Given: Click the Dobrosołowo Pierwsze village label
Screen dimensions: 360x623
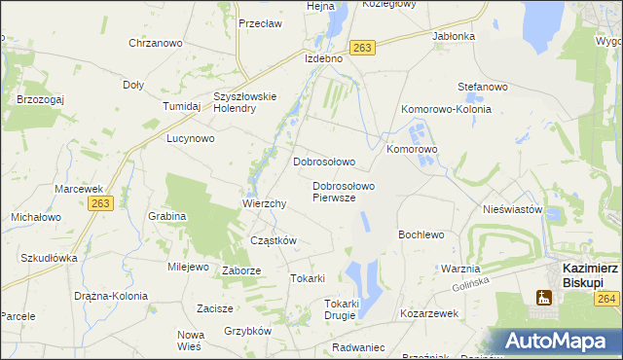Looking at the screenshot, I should coord(344,191).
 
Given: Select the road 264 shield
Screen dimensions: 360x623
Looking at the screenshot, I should coord(607,298).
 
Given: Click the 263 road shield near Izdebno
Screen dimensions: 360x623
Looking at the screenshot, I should coord(363,48).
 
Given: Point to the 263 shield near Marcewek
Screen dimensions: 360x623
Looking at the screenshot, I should coord(99,202).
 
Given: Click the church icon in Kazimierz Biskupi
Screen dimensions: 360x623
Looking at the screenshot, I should coord(544,298).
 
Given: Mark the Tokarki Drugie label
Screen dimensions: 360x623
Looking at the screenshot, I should coord(342,309).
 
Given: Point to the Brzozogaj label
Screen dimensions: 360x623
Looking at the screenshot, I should coord(40,98).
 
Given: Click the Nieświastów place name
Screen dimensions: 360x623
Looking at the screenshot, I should coord(512,209).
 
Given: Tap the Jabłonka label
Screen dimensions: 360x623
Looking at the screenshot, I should coord(453,36).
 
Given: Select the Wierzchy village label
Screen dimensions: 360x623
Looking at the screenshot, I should coord(264,204).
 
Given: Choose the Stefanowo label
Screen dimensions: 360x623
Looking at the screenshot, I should coord(484,87).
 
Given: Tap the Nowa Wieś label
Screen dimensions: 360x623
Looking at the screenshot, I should coord(190,340).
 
